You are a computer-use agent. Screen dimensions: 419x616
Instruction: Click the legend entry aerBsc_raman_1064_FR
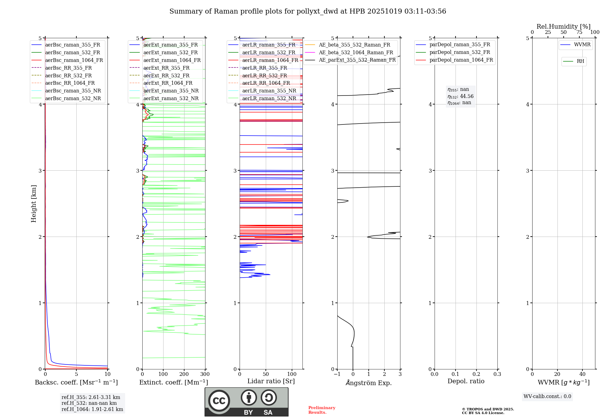point(74,60)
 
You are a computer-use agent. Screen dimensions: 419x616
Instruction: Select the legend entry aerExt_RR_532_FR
point(166,75)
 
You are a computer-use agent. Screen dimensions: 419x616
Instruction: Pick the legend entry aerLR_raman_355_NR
point(269,91)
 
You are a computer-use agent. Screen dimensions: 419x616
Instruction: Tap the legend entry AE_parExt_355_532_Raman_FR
point(357,60)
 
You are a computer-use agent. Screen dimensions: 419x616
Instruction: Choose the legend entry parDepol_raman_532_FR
point(460,52)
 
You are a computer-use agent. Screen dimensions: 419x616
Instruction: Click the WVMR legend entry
point(582,45)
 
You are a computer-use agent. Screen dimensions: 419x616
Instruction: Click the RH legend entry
point(580,61)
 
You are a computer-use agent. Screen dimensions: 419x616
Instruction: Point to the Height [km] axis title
point(34,204)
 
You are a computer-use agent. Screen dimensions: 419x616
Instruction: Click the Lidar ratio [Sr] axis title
point(271,381)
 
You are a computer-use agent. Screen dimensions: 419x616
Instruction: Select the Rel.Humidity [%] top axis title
point(563,26)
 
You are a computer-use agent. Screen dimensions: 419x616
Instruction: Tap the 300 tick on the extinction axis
point(205,374)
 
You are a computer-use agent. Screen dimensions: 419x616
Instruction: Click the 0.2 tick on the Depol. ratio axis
point(476,374)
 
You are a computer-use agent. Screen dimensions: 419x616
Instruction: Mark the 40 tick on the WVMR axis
point(582,374)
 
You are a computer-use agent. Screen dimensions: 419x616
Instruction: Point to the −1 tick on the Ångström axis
point(337,374)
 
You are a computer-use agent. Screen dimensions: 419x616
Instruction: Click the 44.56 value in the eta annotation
point(467,96)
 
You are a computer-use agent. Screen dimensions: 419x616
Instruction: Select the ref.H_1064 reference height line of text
point(92,409)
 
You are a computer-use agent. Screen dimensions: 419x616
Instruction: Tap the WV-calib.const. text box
point(547,397)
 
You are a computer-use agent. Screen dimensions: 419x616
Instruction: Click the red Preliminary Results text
point(322,410)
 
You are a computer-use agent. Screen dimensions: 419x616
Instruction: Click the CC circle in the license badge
point(219,401)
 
